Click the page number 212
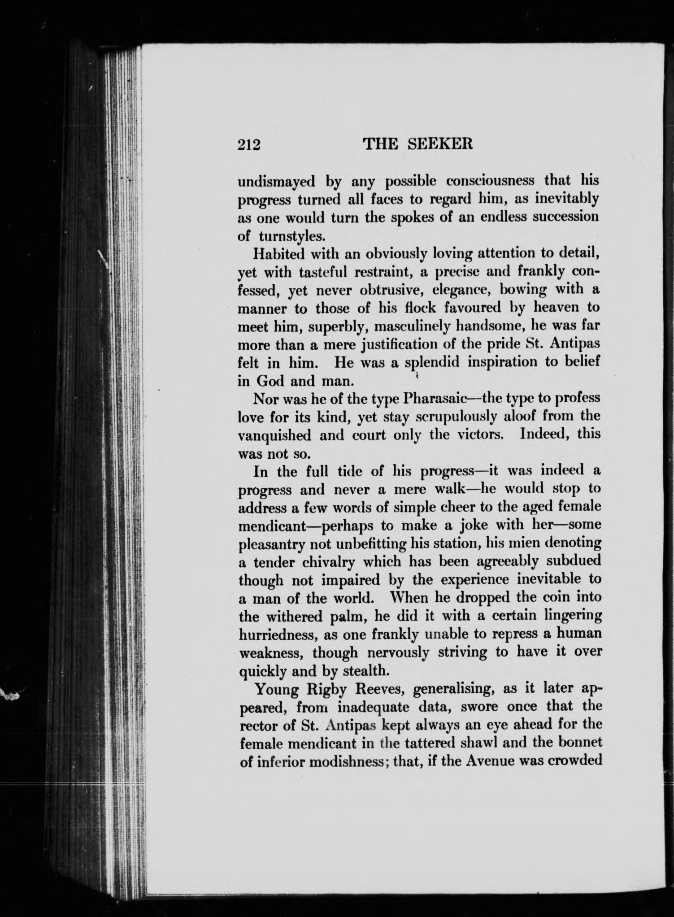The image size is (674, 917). [249, 145]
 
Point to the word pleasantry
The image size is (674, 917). [271, 544]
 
